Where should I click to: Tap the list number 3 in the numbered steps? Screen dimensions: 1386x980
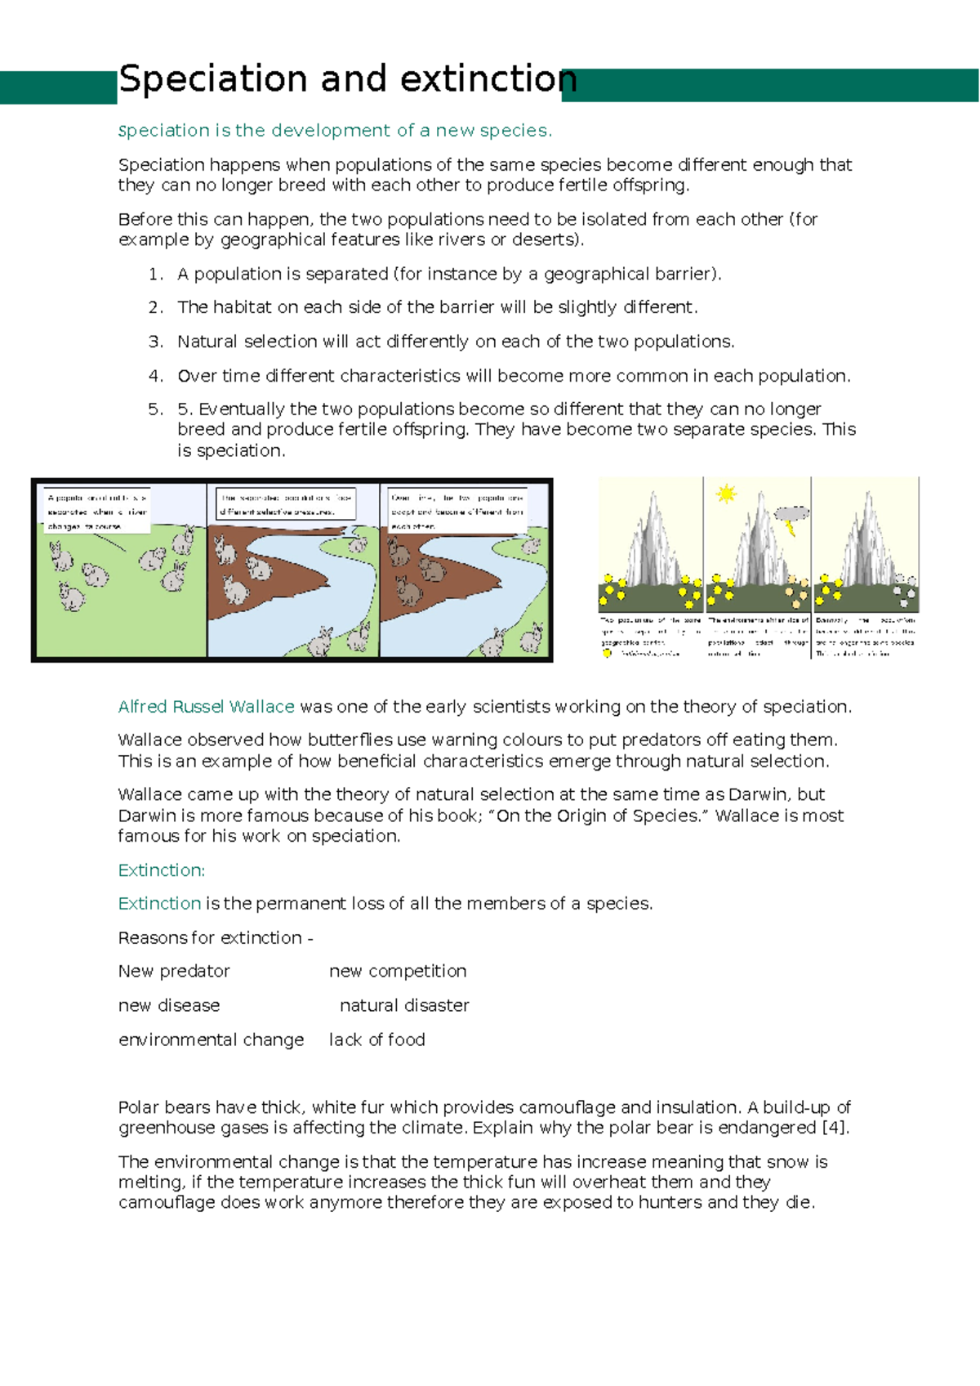click(x=155, y=342)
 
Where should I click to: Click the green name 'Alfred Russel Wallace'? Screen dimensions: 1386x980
click(x=206, y=706)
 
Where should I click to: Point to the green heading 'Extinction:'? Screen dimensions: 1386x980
click(x=161, y=870)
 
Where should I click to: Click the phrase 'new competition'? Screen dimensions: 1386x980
click(x=398, y=971)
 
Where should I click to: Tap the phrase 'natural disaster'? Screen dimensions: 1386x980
click(x=404, y=1005)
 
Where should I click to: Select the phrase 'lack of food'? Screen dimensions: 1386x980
click(x=376, y=1039)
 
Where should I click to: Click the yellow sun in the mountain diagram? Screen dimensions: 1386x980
click(x=725, y=494)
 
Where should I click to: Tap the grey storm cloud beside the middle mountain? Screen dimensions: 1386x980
click(x=791, y=513)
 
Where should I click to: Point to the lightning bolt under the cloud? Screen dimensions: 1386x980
click(x=790, y=529)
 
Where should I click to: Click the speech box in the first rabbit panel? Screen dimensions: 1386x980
click(x=96, y=511)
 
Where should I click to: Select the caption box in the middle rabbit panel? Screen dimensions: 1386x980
click(x=286, y=503)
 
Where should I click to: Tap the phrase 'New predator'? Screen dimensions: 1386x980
click(x=174, y=971)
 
